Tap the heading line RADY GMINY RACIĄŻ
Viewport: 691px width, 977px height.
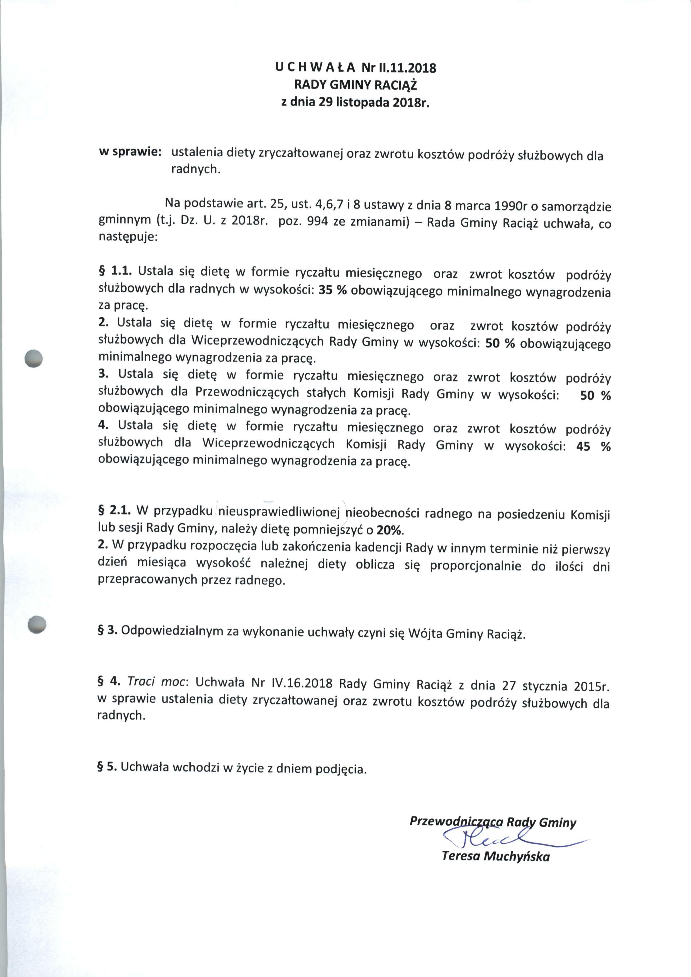coord(356,85)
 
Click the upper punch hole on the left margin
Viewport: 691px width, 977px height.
coord(34,359)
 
